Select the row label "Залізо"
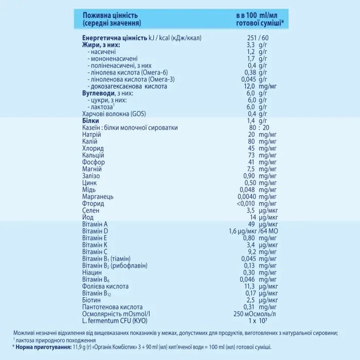click(92, 176)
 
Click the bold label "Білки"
click(91, 120)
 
